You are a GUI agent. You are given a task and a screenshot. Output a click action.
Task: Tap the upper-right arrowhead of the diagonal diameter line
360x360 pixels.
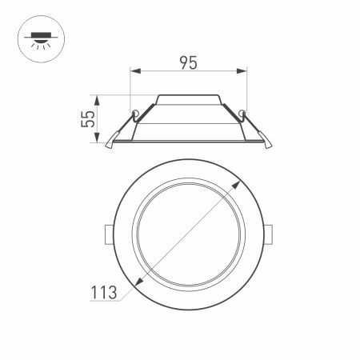pyautogui.click(x=240, y=182)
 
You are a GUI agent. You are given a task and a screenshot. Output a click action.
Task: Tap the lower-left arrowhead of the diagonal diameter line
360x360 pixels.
pyautogui.click(x=138, y=283)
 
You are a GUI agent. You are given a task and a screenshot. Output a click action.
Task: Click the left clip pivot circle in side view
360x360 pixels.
pyautogui.click(x=136, y=110)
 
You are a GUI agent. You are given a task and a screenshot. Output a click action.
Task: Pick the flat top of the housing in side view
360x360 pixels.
pyautogui.click(x=188, y=96)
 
